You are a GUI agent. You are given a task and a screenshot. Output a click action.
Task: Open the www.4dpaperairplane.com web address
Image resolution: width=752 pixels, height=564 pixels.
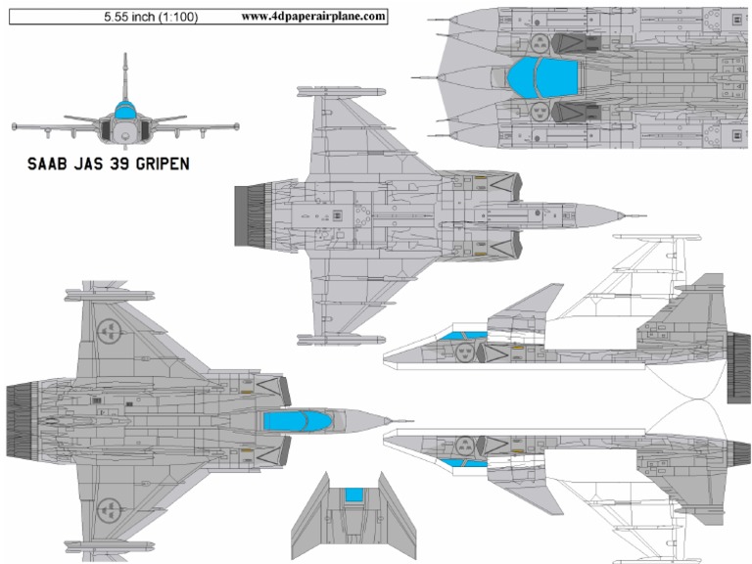click(x=312, y=17)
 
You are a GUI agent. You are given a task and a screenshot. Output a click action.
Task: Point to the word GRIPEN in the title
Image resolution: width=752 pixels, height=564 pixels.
click(x=152, y=164)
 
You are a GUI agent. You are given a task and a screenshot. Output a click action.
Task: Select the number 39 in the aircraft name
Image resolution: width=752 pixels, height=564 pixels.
click(x=100, y=164)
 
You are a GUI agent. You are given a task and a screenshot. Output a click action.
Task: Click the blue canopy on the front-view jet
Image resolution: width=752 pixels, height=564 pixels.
click(x=124, y=109)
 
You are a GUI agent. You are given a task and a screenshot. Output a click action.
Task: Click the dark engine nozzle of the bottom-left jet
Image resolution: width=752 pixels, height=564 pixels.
click(x=21, y=421)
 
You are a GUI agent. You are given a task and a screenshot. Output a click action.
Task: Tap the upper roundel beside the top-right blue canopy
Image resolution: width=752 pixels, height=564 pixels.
click(x=539, y=42)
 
